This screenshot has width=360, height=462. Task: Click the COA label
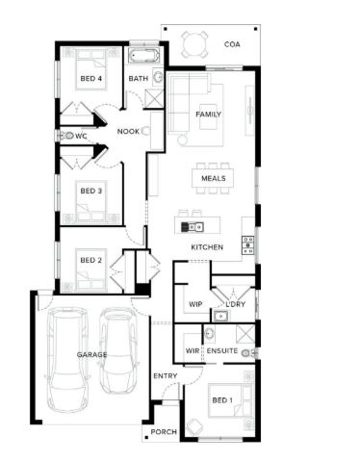click(232, 44)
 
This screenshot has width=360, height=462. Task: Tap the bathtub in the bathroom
click(143, 56)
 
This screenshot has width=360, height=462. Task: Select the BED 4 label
click(91, 79)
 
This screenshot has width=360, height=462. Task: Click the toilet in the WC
click(67, 136)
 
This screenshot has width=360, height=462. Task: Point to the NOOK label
click(128, 131)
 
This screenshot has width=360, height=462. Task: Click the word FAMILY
click(209, 115)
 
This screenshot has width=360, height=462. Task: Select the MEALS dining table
click(213, 178)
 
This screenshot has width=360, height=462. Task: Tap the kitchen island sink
click(193, 227)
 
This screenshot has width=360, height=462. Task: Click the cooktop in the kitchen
click(248, 244)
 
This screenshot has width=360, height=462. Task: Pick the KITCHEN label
click(207, 247)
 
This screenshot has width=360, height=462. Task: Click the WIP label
click(195, 304)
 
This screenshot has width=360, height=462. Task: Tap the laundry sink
click(220, 316)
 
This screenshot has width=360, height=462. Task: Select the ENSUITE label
click(222, 350)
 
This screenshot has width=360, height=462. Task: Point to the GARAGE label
click(91, 354)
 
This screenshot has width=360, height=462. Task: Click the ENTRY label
click(166, 375)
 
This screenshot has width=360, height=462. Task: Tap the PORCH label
click(164, 432)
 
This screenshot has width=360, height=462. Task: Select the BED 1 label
click(222, 400)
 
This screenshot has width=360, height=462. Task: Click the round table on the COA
click(194, 44)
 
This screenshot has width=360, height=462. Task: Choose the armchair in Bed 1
click(194, 426)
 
